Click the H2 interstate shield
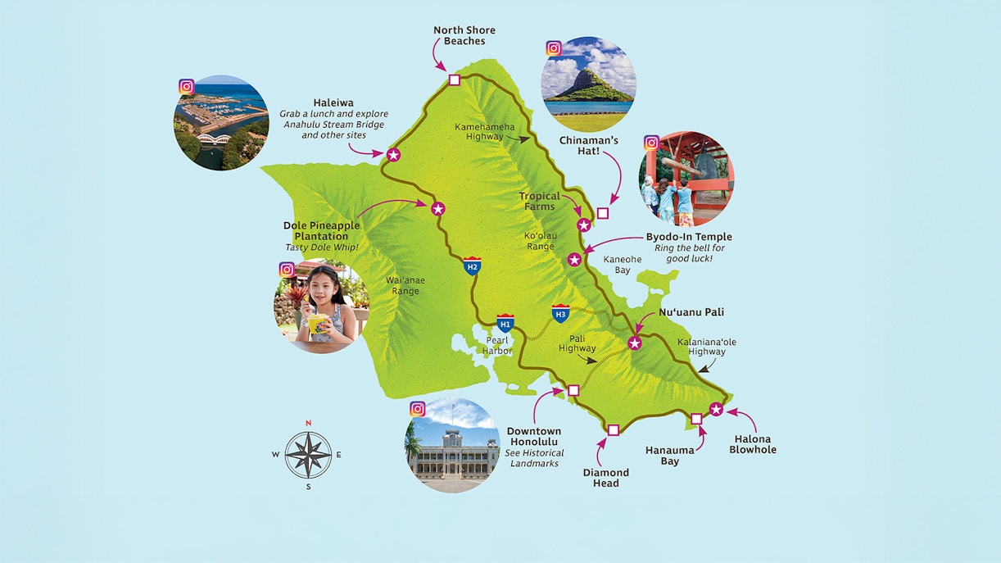[x=472, y=266]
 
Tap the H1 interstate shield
[x=505, y=322]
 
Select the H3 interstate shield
[x=560, y=313]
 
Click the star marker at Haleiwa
[x=393, y=154]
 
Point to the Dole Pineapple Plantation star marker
[x=437, y=209]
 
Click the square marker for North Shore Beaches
[x=455, y=79]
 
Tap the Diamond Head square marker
[x=614, y=429]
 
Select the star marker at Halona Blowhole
[x=717, y=409]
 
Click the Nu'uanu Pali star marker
[x=635, y=343]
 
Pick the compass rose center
[x=308, y=455]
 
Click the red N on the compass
[x=308, y=423]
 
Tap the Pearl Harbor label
[x=497, y=345]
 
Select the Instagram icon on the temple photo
[x=651, y=143]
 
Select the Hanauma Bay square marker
[x=696, y=419]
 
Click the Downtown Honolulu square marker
[x=573, y=390]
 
